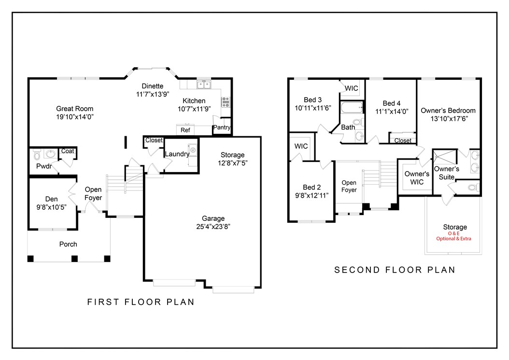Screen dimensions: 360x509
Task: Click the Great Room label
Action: [74, 109]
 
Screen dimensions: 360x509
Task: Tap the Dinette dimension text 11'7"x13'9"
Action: [152, 94]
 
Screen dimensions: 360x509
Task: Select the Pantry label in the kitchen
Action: [222, 128]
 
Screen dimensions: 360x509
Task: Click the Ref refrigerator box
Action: [185, 130]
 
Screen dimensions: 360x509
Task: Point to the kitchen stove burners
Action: [226, 102]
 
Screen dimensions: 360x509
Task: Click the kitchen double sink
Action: [203, 85]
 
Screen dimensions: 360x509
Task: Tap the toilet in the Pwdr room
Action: [37, 155]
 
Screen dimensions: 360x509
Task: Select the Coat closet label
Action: [68, 151]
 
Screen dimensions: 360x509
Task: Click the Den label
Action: [52, 199]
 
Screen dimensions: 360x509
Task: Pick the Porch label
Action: [68, 244]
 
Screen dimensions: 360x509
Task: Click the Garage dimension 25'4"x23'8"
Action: [213, 226]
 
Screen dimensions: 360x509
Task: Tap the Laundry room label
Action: [177, 154]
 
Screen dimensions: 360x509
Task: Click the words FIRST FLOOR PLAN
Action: [141, 302]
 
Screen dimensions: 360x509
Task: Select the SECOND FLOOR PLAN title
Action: [395, 270]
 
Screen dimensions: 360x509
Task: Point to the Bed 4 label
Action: [392, 103]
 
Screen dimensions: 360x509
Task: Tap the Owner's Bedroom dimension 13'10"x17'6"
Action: [448, 118]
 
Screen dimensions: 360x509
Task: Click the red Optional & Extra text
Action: [453, 239]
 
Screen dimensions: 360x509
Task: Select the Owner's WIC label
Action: [417, 178]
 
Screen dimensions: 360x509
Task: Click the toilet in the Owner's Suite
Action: [471, 187]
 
